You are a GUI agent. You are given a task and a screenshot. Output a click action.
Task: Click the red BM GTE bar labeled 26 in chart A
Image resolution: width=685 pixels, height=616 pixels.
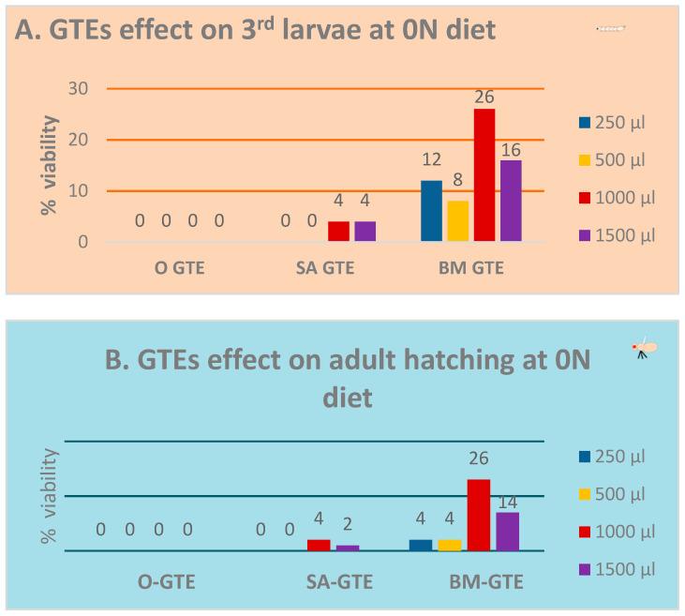484,175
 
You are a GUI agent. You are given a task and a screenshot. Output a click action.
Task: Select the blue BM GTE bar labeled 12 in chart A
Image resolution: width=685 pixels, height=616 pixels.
431,211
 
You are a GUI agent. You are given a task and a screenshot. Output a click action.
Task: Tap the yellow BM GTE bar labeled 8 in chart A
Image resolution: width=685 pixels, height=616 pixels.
457,221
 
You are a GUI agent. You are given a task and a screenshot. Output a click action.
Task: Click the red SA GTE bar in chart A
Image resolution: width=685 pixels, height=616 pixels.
338,232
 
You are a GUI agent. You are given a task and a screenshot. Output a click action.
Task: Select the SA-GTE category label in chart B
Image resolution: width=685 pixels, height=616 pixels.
340,582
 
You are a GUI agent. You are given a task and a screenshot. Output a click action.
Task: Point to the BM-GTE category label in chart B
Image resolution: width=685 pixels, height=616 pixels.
485,582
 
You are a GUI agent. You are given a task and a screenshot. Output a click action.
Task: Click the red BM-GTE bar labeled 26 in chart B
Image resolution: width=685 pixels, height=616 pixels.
479,515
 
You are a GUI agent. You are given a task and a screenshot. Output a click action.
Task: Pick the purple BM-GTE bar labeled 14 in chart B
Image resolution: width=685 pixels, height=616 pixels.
507,532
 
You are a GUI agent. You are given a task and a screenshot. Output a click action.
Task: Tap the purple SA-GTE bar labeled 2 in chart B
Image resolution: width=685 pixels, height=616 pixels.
348,548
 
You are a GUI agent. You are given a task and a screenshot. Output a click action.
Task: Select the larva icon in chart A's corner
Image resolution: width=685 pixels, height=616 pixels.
610,28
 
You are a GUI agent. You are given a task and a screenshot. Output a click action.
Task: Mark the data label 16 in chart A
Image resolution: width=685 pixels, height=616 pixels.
510,150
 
